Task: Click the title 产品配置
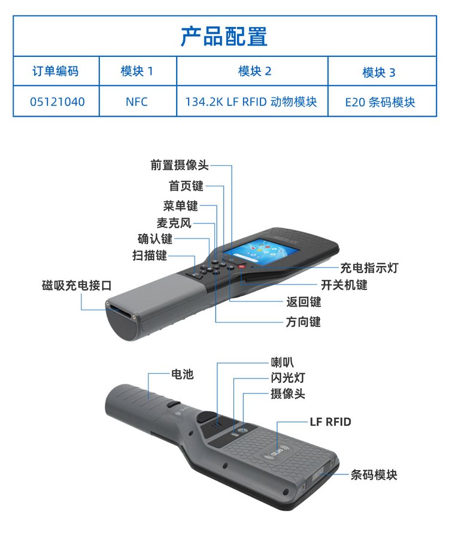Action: click(x=224, y=37)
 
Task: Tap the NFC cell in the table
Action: click(x=137, y=102)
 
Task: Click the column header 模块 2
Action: click(x=255, y=71)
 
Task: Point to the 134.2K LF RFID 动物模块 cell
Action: click(x=251, y=102)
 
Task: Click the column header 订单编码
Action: click(x=56, y=71)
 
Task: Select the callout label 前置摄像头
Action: click(x=180, y=165)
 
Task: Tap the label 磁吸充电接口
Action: click(x=77, y=286)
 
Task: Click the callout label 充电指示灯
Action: click(x=369, y=268)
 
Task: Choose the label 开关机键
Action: click(x=344, y=285)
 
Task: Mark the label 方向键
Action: click(x=304, y=322)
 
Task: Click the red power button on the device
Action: click(x=242, y=266)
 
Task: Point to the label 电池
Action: click(x=182, y=374)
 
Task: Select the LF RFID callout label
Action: click(x=330, y=422)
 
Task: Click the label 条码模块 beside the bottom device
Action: click(x=374, y=474)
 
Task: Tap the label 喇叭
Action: click(x=283, y=362)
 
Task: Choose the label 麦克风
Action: click(x=174, y=223)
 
